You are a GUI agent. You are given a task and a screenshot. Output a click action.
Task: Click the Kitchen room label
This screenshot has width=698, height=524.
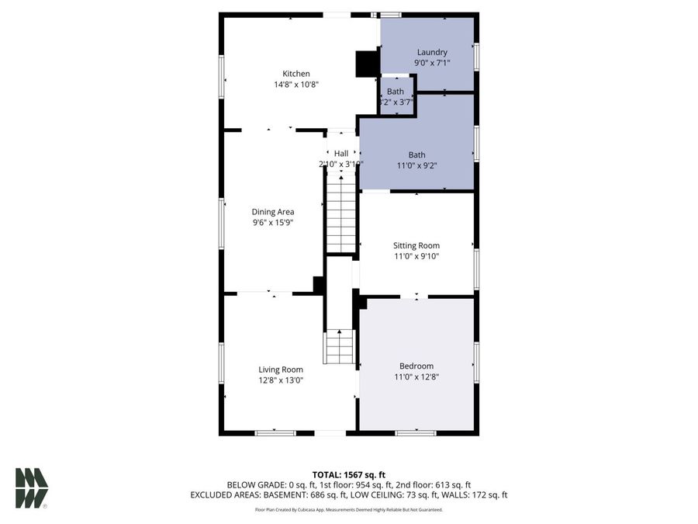coord(296,74)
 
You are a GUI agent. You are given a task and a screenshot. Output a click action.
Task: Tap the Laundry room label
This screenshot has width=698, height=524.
coord(432,52)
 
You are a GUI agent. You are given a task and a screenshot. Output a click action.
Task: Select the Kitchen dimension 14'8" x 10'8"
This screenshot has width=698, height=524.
coord(296,85)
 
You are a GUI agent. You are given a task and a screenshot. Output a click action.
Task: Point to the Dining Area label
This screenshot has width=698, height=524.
coord(273,211)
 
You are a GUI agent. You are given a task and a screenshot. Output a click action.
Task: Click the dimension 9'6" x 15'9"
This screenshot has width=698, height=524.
coord(273,222)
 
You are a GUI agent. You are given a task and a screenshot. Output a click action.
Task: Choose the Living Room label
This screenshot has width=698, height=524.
coord(281,370)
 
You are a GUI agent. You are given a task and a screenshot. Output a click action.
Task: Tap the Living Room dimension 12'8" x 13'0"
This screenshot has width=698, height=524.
coord(281,380)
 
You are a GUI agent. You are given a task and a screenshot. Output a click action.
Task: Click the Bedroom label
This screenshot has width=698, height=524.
coord(416,366)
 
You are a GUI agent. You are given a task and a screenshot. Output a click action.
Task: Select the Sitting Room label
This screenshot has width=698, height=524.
coord(416,245)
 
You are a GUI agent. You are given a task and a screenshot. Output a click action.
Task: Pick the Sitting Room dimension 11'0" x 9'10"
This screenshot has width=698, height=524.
coord(416,256)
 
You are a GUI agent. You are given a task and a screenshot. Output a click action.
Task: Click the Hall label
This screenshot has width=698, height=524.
coord(341,154)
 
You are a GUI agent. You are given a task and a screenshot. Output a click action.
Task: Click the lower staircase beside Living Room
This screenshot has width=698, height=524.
coord(340,346)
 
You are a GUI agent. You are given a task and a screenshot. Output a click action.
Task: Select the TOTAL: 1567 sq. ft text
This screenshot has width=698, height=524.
coord(348,474)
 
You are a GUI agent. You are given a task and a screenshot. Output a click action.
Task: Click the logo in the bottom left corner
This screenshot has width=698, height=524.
coord(32,488)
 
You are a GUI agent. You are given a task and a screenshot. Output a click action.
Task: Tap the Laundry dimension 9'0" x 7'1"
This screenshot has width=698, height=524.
coord(432,63)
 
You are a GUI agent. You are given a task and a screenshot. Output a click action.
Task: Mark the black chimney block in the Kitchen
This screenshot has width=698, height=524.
coord(365,64)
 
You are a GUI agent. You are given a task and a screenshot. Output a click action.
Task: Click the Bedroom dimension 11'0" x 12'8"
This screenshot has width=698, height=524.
coord(416,377)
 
